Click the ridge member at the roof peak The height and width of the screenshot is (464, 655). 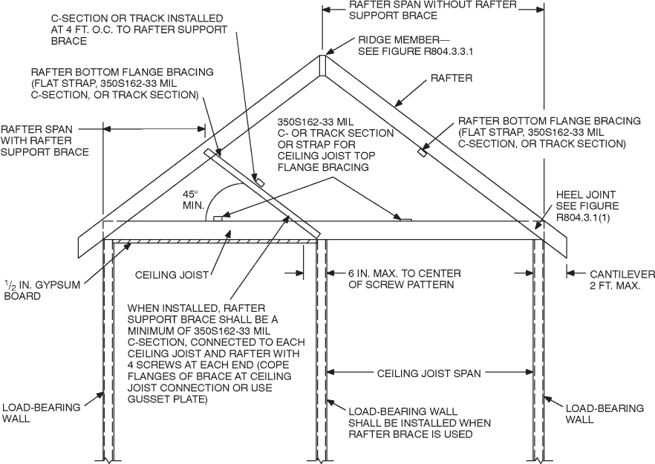[x=322, y=65]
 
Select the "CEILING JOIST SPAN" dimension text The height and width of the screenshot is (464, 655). [x=429, y=372]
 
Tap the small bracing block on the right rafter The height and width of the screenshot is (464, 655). [x=422, y=153]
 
